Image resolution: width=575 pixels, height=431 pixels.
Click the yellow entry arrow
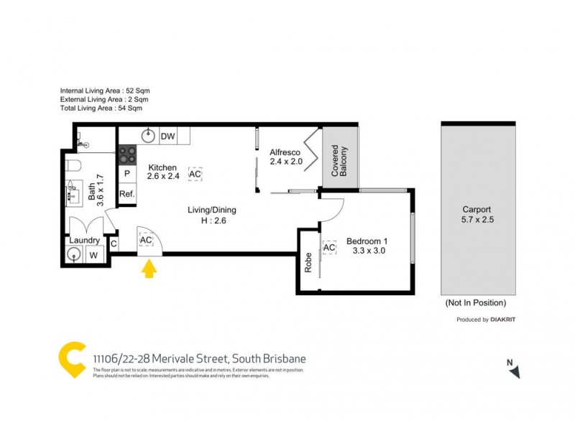[149, 269]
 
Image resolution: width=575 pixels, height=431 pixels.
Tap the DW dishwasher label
[167, 136]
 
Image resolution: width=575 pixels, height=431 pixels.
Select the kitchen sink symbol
[148, 136]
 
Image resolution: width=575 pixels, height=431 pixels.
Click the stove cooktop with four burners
[127, 153]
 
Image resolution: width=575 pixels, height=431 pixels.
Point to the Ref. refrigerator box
[127, 194]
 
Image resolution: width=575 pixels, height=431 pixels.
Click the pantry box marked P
[127, 174]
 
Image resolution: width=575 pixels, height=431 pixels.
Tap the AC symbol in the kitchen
[195, 174]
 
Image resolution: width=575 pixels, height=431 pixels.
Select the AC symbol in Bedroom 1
[330, 248]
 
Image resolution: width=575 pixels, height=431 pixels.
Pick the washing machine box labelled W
[93, 254]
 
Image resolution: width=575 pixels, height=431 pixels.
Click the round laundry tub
[73, 254]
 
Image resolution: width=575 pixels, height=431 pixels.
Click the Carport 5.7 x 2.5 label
[478, 215]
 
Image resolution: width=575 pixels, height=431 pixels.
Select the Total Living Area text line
[101, 109]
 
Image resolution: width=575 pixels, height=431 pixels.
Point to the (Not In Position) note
[476, 302]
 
